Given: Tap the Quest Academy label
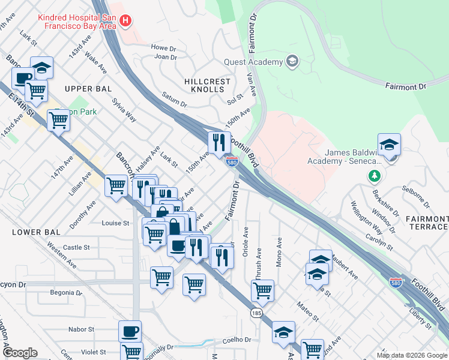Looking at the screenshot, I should [x=253, y=62].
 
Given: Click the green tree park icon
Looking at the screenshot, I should [x=375, y=175].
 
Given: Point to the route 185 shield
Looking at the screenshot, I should [x=256, y=313].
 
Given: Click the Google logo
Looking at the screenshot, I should [x=20, y=353].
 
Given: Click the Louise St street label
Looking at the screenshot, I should [x=116, y=223].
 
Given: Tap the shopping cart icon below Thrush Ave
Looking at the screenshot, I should [x=262, y=290].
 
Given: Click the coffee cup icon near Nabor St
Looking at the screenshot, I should [x=130, y=331].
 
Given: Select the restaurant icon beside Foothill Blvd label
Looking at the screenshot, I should [x=219, y=142].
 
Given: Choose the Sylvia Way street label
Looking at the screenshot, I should [x=124, y=110].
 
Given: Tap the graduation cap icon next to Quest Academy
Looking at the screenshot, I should [x=292, y=61].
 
